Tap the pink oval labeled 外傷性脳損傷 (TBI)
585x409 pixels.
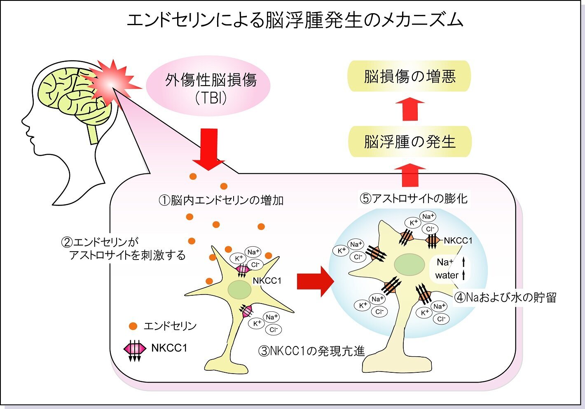pos(208,86)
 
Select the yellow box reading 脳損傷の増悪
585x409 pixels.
pos(409,76)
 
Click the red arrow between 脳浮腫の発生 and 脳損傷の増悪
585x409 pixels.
pos(410,109)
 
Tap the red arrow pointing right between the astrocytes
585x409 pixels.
pos(316,282)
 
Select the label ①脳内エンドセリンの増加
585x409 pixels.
pos(221,201)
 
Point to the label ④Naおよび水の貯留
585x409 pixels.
pos(505,297)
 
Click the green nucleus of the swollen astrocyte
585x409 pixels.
pos(409,264)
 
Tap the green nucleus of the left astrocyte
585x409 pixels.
pos(239,290)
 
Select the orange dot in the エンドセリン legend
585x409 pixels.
pos(133,326)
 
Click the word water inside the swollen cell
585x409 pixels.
pos(447,275)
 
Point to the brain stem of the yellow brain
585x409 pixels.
pos(93,133)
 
